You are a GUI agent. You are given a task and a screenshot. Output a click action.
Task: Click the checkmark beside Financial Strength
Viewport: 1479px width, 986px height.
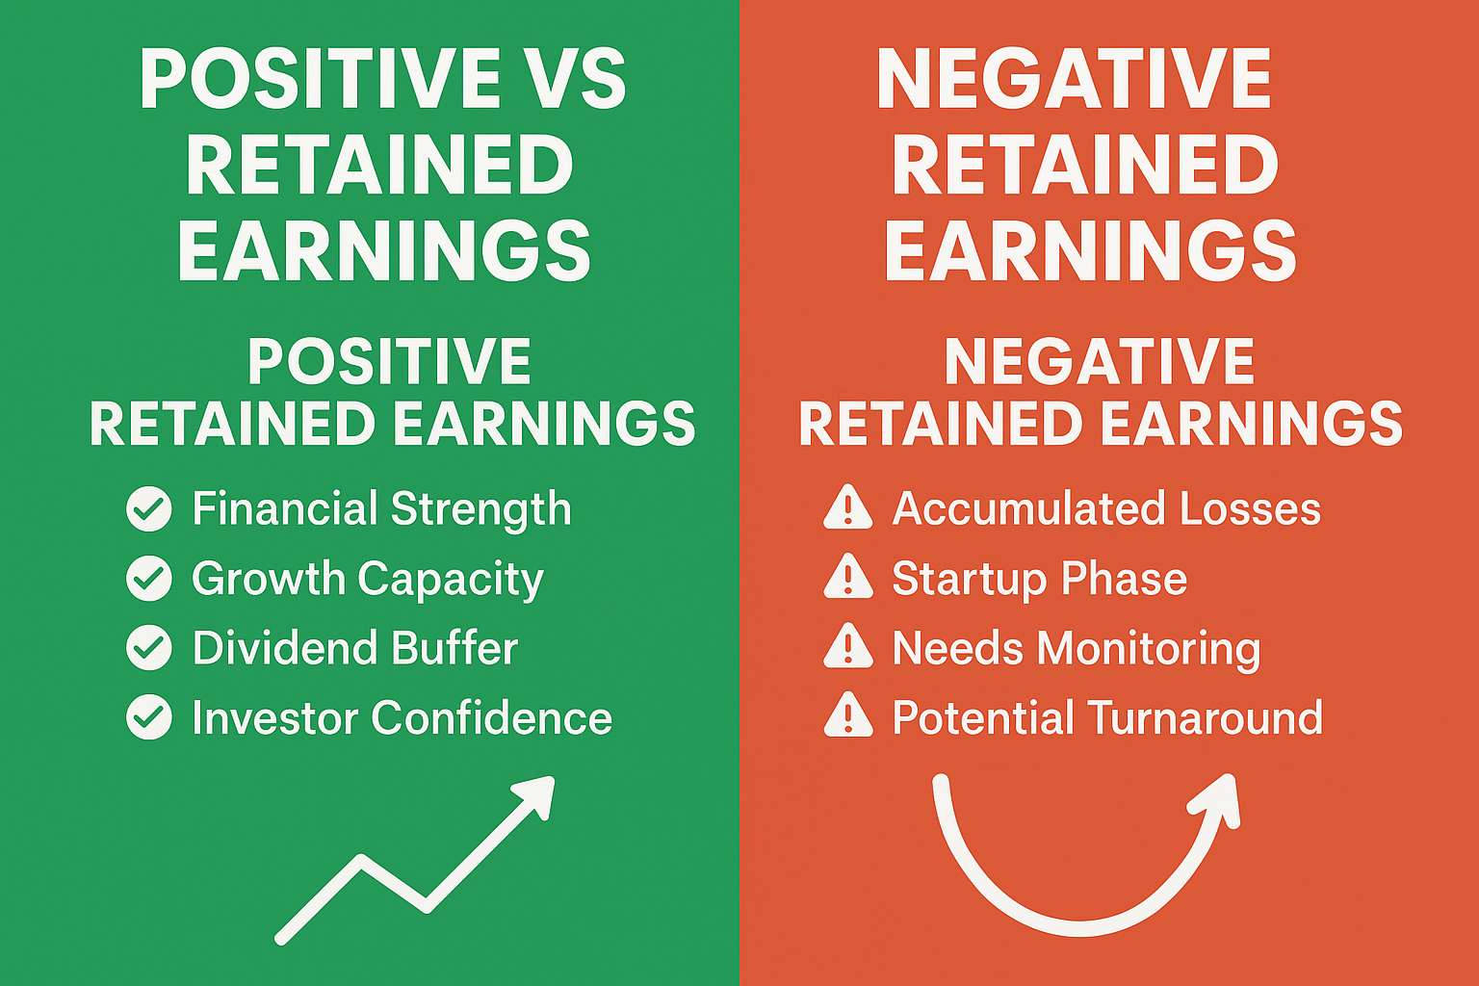coord(149,508)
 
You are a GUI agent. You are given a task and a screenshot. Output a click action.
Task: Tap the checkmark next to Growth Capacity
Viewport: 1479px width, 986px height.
coord(149,579)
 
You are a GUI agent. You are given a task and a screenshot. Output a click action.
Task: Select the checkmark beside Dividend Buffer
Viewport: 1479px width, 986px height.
coord(149,648)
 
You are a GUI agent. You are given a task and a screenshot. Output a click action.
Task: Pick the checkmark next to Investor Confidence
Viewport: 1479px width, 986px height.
coord(149,717)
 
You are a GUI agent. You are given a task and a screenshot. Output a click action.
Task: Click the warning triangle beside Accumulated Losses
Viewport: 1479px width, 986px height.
coord(848,507)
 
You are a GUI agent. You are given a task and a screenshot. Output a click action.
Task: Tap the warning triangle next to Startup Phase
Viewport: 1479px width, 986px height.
coord(848,577)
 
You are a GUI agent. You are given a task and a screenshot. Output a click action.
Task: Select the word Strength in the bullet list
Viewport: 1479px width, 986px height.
coord(480,508)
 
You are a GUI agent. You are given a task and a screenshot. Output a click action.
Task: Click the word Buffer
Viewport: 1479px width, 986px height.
coord(454,647)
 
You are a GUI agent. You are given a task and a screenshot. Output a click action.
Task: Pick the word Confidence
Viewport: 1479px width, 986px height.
coord(492,717)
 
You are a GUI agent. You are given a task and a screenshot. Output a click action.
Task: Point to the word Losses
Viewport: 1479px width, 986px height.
coord(1250,508)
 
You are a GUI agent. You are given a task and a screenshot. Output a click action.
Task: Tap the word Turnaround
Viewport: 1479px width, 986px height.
coord(1207,717)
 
